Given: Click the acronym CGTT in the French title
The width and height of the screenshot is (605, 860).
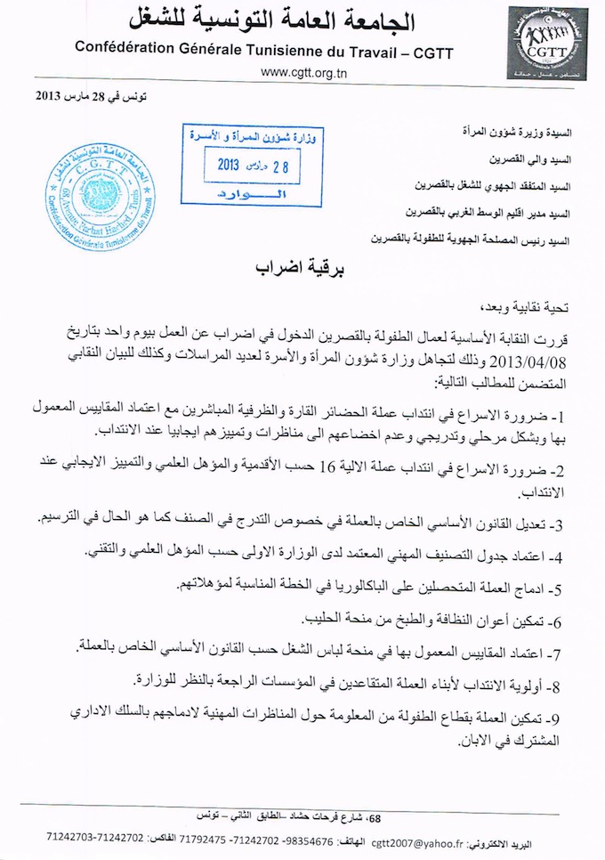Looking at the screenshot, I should (x=431, y=53).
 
